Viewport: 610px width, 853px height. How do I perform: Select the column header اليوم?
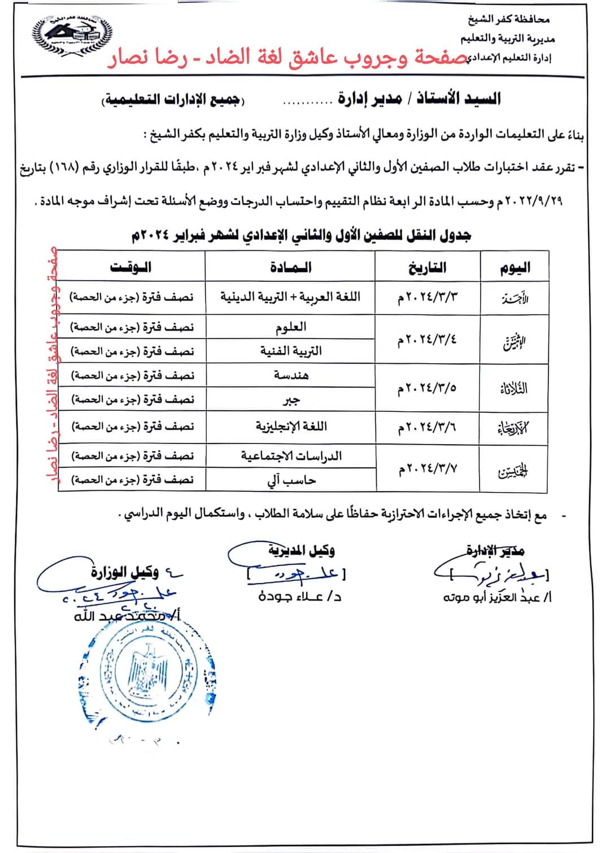(515, 267)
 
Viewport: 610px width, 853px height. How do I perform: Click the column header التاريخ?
(428, 267)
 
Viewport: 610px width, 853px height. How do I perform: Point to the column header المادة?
(290, 267)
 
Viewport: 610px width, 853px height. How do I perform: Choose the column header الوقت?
(131, 267)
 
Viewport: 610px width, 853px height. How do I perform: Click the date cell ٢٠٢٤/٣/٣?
(427, 298)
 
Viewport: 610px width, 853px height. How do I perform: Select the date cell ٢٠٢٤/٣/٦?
(427, 428)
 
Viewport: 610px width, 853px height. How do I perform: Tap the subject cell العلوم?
(290, 327)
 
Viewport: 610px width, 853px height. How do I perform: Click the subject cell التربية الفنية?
(290, 351)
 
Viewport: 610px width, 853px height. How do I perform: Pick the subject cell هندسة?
(290, 375)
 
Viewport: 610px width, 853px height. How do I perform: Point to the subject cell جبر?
(290, 399)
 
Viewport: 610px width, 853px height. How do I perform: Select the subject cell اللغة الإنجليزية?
(290, 426)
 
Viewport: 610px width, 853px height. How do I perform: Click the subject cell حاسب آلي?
(290, 480)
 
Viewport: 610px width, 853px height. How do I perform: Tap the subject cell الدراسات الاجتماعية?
(290, 456)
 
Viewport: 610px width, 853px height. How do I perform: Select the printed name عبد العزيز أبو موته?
(498, 597)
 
